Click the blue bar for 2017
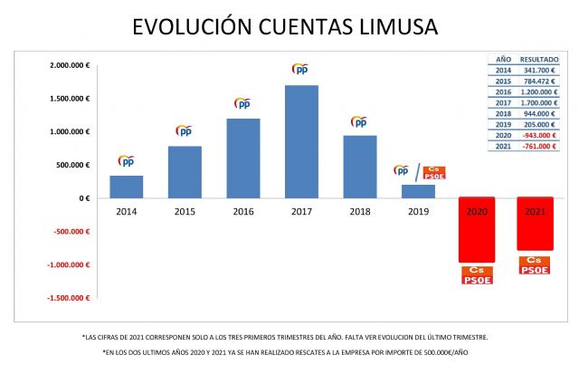[301, 141]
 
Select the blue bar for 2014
[127, 187]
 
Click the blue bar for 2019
[417, 191]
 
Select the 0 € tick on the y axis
[84, 198]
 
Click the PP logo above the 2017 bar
[301, 69]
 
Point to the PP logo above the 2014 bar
[127, 161]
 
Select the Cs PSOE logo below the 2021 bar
[534, 264]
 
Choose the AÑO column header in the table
[502, 59]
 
